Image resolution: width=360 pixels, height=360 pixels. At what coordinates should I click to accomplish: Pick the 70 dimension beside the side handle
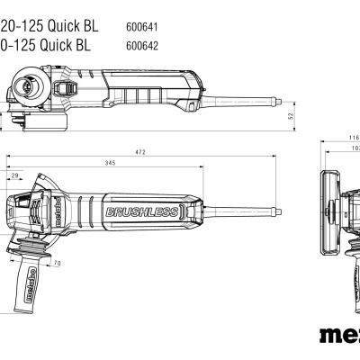coord(56,264)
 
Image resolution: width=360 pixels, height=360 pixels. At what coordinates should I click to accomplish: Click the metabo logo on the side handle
coord(29,288)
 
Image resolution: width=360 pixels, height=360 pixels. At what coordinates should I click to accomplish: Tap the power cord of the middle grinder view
coord(243,212)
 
